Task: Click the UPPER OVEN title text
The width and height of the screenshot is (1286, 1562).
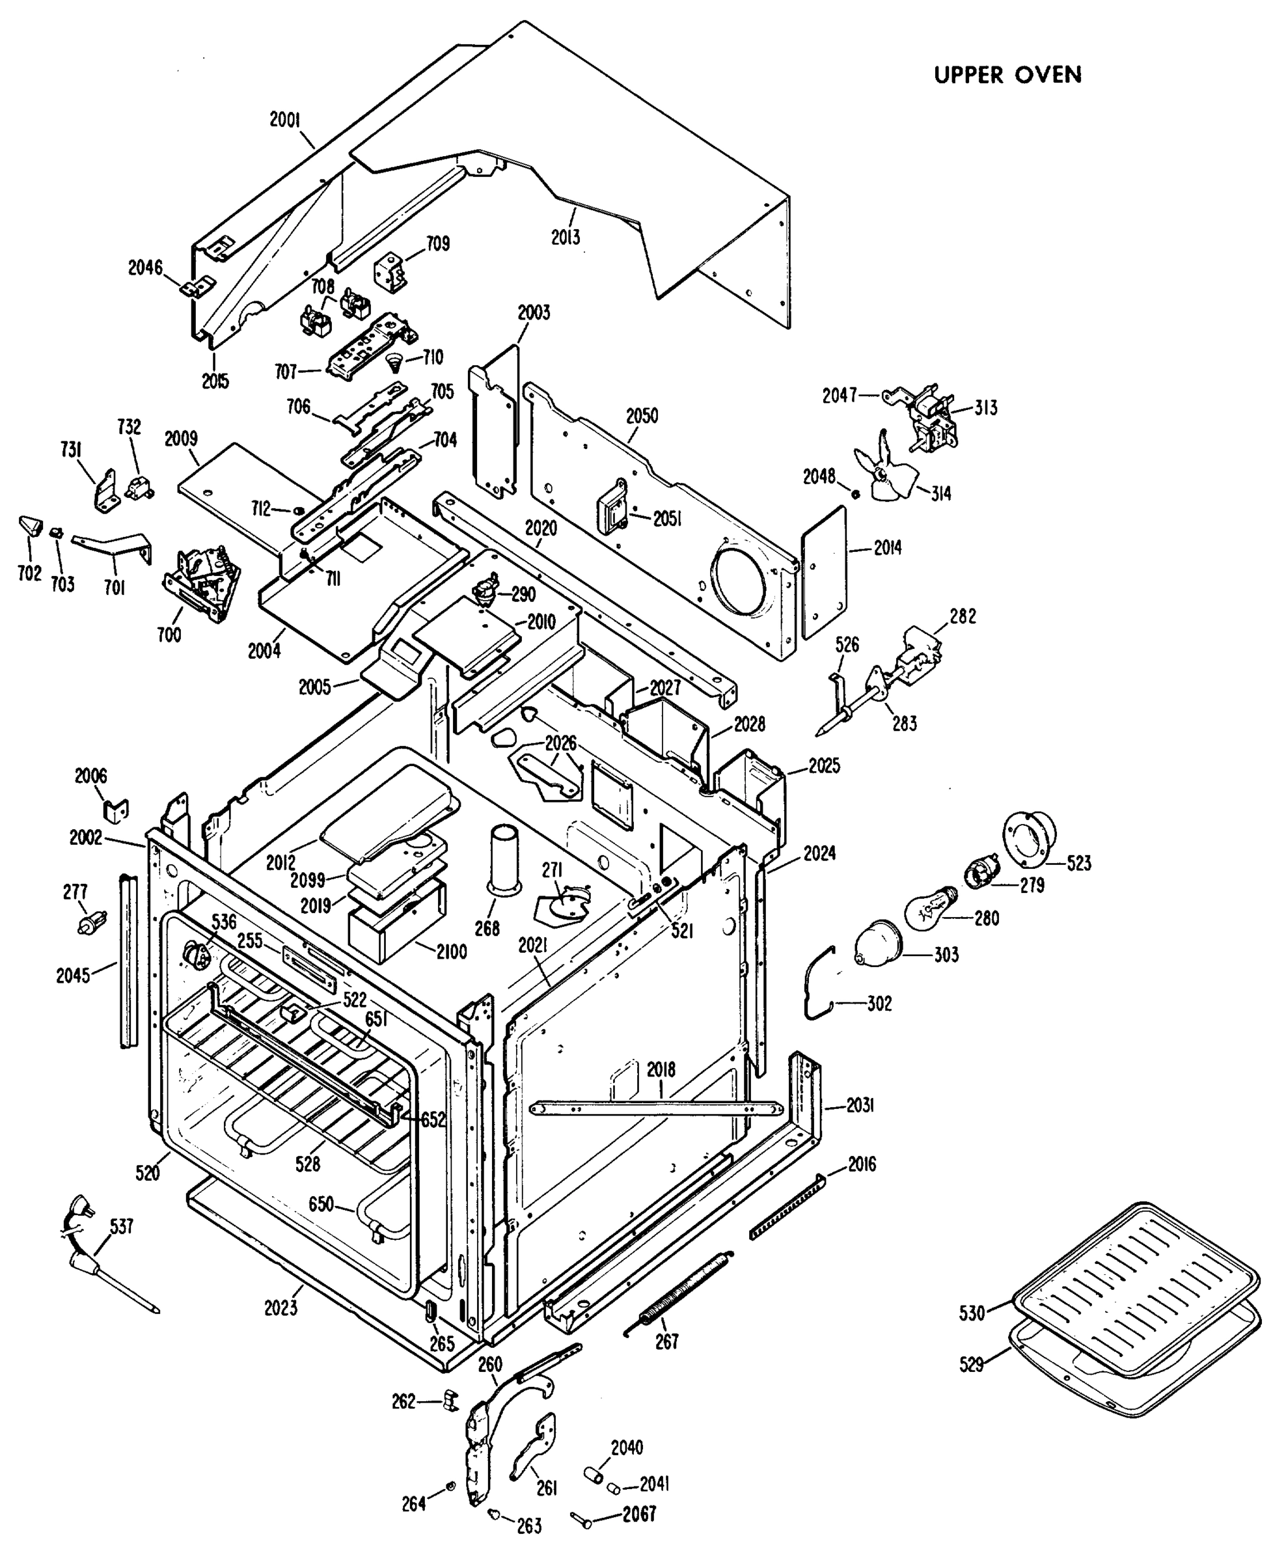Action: [x=1007, y=75]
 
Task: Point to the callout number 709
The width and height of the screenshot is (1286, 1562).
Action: [x=437, y=243]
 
